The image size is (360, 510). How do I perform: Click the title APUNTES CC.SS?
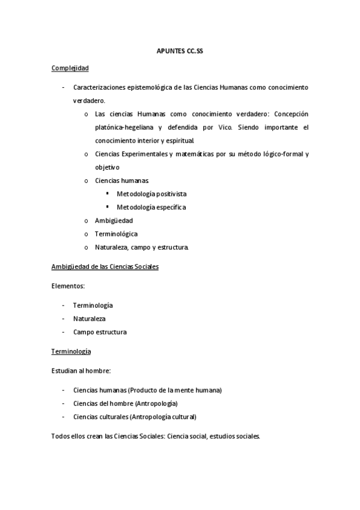[180, 52]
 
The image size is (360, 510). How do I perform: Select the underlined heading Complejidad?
[70, 69]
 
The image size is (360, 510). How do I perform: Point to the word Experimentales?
[142, 154]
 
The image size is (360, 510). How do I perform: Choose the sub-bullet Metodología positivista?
[151, 194]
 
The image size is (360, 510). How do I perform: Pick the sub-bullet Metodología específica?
[151, 207]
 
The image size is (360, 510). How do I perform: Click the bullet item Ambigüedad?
[114, 220]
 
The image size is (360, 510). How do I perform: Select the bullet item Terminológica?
[116, 233]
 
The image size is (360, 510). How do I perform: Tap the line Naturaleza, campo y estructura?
[142, 247]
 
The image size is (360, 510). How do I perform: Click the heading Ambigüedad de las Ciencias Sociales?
[105, 266]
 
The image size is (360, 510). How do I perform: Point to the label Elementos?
[68, 286]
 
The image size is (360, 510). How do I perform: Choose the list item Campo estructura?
[100, 332]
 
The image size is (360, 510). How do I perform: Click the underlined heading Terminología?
[72, 351]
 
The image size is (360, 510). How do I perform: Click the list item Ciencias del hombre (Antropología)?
[125, 404]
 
